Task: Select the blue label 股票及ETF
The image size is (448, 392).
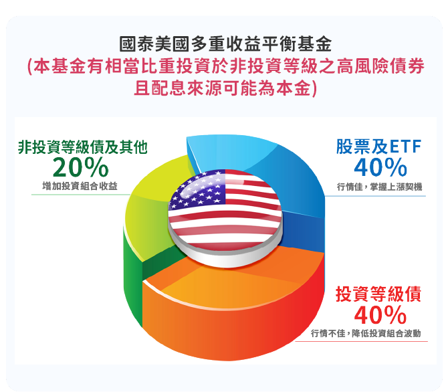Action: point(379,146)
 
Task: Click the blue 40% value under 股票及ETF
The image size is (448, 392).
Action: point(380,167)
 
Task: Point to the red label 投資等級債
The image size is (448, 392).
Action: point(378,294)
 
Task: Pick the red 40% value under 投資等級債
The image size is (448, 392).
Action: point(380,314)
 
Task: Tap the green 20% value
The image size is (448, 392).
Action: point(80,167)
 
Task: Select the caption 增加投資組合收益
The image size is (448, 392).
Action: point(80,185)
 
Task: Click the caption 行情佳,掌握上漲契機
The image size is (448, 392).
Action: point(379,185)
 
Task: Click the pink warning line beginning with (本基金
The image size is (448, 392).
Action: point(224,67)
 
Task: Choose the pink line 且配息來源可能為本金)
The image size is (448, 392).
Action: point(224,88)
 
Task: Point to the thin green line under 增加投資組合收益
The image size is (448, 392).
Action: point(80,194)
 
